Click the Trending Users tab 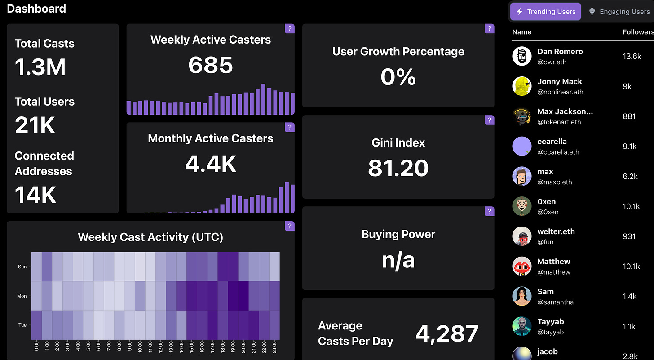[x=546, y=12]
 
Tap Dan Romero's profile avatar [x=522, y=56]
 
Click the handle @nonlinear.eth [x=560, y=92]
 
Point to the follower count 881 [x=629, y=116]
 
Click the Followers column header [x=638, y=32]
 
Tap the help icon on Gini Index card [x=489, y=120]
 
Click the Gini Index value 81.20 [x=398, y=168]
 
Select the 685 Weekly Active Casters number [x=210, y=65]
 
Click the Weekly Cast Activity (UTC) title [x=150, y=237]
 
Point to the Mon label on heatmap [x=22, y=296]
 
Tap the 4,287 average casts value [x=446, y=333]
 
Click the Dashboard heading [x=36, y=9]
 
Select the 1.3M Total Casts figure [x=40, y=67]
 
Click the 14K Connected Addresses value [x=35, y=195]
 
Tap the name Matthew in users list [x=554, y=262]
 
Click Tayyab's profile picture [x=522, y=326]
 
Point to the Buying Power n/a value [x=398, y=260]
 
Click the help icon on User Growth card [x=489, y=28]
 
